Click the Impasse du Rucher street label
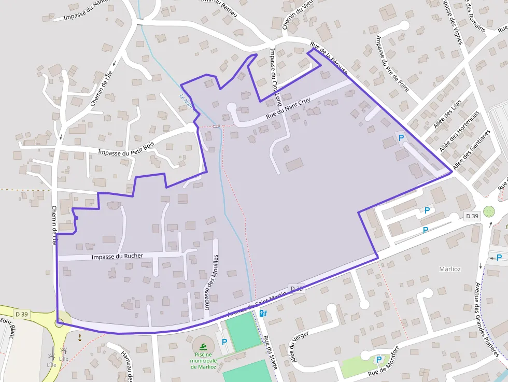pyautogui.click(x=117, y=257)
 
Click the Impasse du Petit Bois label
pyautogui.click(x=126, y=150)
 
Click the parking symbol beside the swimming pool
pyautogui.click(x=224, y=342)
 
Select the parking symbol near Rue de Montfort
pyautogui.click(x=378, y=359)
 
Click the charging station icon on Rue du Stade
pyautogui.click(x=263, y=313)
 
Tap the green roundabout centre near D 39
pyautogui.click(x=489, y=211)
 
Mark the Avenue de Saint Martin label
pyautogui.click(x=258, y=303)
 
